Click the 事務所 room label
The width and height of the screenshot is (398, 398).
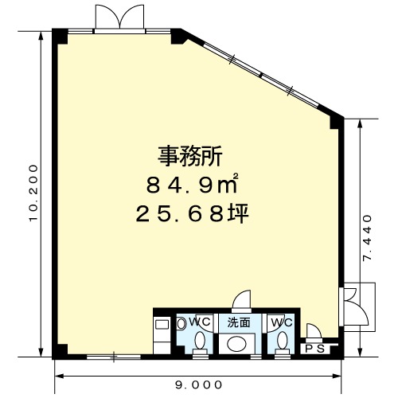pyautogui.click(x=190, y=156)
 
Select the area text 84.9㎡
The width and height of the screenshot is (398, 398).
pyautogui.click(x=192, y=184)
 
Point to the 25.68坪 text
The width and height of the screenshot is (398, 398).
pyautogui.click(x=192, y=213)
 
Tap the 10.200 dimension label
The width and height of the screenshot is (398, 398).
pyautogui.click(x=34, y=193)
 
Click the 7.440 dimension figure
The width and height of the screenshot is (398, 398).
pyautogui.click(x=368, y=238)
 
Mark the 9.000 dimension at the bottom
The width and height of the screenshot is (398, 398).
pyautogui.click(x=199, y=384)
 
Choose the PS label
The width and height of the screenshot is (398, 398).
pyautogui.click(x=315, y=349)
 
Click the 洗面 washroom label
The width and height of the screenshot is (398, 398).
pyautogui.click(x=239, y=322)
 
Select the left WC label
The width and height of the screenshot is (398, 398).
pyautogui.click(x=200, y=322)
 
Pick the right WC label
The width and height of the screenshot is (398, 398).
pyautogui.click(x=282, y=322)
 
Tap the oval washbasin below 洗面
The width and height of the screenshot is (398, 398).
pyautogui.click(x=237, y=344)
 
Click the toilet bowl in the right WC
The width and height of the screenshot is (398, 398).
pyautogui.click(x=282, y=340)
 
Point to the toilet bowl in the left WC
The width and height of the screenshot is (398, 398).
pyautogui.click(x=200, y=340)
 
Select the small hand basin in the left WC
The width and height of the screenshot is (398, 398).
pyautogui.click(x=181, y=323)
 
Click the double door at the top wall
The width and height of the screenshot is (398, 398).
pyautogui.click(x=120, y=18)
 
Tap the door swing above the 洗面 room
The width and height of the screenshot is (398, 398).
pyautogui.click(x=241, y=300)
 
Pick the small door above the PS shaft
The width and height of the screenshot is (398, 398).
pyautogui.click(x=314, y=332)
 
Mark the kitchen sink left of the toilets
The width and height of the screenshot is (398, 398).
pyautogui.click(x=162, y=325)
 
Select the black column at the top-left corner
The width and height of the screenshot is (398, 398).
pyautogui.click(x=60, y=37)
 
